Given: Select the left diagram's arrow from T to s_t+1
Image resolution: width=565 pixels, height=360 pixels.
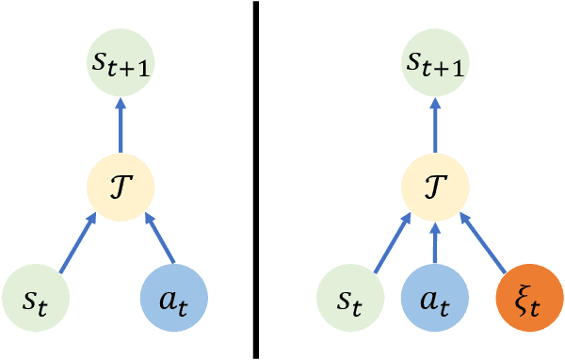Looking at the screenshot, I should pyautogui.click(x=121, y=123).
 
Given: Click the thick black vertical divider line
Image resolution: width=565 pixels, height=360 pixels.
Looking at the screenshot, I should pyautogui.click(x=256, y=179).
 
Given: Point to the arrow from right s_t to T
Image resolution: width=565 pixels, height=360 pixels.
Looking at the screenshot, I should pyautogui.click(x=390, y=242).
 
